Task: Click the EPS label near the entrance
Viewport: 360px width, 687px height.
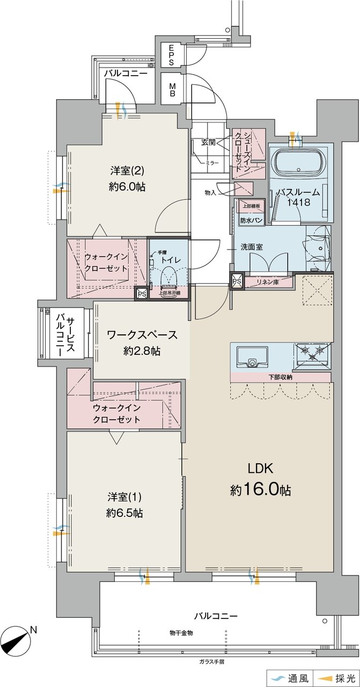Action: [171, 55]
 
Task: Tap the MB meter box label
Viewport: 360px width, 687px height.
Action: [172, 89]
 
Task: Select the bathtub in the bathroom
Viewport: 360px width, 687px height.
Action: [298, 162]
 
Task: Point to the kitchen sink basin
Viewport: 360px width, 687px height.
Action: [252, 357]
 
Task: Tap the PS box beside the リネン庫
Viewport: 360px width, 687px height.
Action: [237, 281]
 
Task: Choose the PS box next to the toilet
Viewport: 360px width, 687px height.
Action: [142, 293]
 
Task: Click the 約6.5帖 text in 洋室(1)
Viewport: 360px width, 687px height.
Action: [124, 513]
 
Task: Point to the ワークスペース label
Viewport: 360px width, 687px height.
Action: [142, 334]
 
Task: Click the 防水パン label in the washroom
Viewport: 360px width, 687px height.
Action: [251, 220]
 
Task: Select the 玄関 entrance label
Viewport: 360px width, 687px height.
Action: [209, 142]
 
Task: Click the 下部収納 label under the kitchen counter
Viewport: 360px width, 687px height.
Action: [280, 377]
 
